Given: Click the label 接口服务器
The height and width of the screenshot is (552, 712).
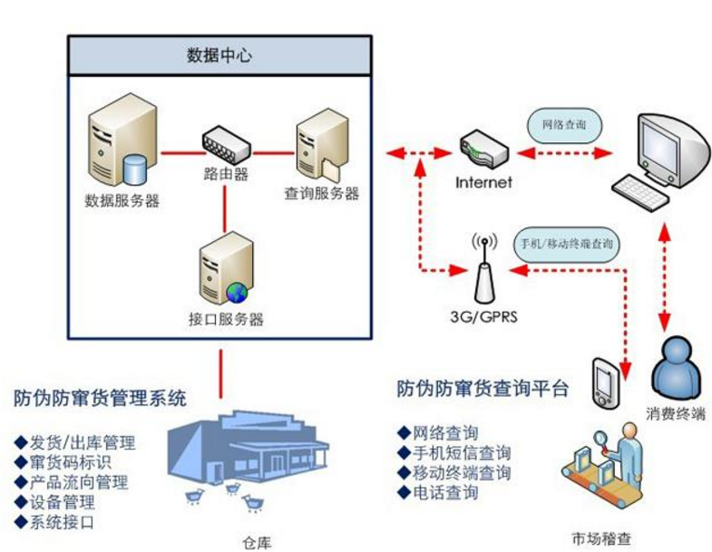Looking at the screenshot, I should click(x=221, y=319).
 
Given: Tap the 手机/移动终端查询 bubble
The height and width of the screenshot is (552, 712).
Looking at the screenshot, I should click(x=567, y=244).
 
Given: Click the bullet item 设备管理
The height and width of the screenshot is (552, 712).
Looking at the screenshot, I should click(x=62, y=502).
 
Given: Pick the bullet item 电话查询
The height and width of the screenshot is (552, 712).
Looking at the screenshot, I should click(x=444, y=493).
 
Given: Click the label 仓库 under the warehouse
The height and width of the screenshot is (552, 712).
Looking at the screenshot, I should click(x=257, y=541).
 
